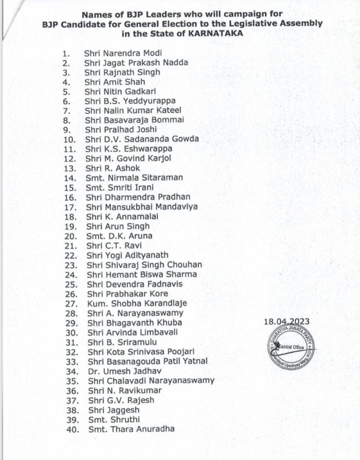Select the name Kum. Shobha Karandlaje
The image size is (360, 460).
(x=135, y=303)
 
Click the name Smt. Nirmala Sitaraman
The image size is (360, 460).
(x=133, y=178)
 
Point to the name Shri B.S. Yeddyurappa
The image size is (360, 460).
(x=123, y=101)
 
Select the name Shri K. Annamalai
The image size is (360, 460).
(x=121, y=217)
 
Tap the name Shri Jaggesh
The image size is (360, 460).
(x=112, y=410)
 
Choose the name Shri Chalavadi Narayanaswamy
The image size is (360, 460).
(x=149, y=381)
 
